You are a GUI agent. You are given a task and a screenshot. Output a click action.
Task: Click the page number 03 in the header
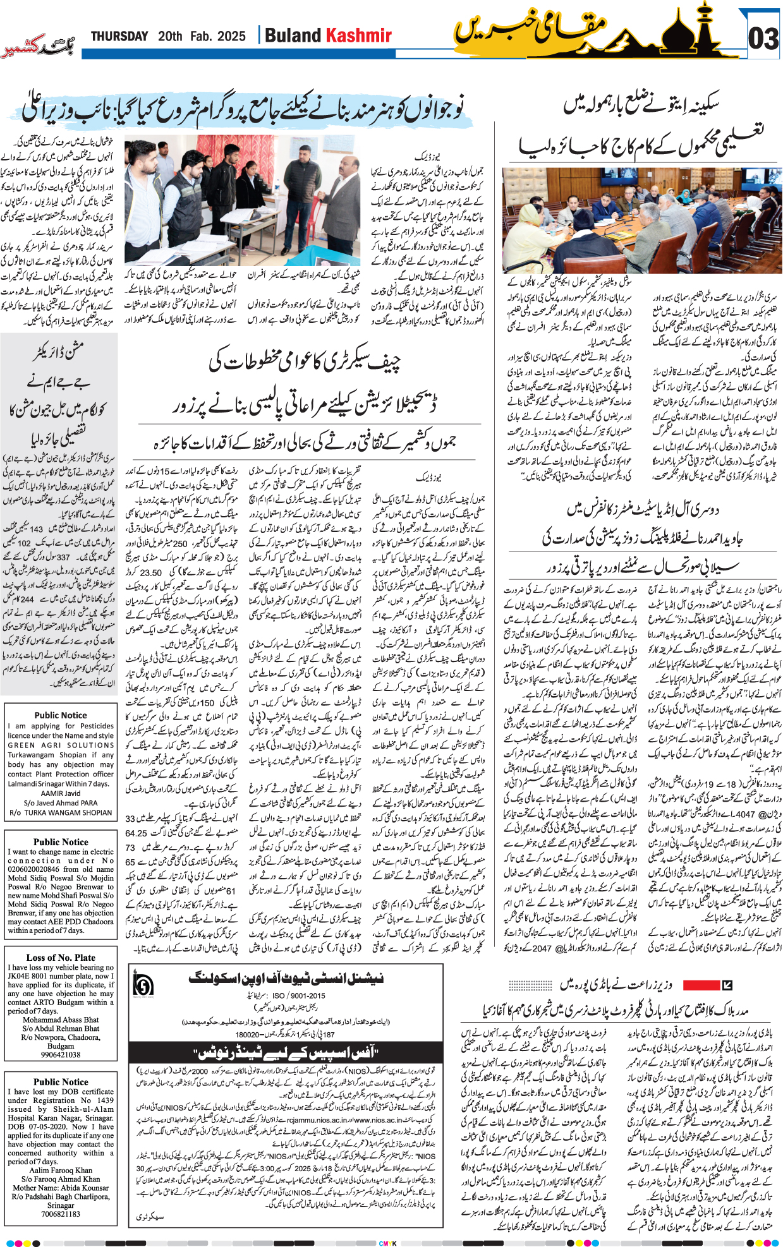763,39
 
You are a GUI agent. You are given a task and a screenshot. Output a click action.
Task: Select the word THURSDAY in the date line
119,37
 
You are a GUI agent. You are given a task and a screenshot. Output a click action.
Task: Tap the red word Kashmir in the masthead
359,35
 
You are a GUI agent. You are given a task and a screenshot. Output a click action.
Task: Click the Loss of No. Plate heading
61,958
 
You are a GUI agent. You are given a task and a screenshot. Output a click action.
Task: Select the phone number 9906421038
61,1054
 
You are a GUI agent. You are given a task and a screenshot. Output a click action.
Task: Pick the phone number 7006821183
61,1214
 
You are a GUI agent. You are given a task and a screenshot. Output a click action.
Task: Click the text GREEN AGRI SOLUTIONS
61,745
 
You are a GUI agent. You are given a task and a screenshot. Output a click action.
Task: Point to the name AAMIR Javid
61,793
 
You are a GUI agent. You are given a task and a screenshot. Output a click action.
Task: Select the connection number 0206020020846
38,869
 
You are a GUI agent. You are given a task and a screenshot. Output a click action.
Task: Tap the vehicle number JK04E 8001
43,976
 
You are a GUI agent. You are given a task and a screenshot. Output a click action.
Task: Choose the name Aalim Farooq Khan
61,1171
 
